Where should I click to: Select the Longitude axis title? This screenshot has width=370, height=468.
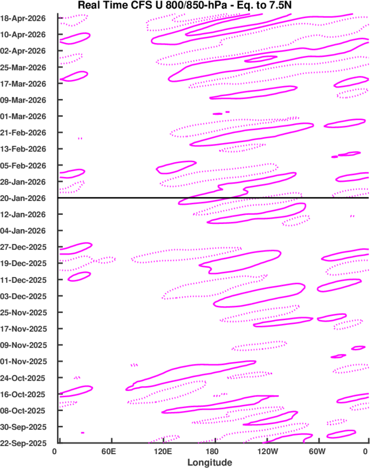pyautogui.click(x=209, y=462)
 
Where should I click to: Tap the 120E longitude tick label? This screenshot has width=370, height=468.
pyautogui.click(x=163, y=451)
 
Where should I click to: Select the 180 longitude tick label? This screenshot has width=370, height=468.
pyautogui.click(x=214, y=451)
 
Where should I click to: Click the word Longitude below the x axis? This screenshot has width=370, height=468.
pyautogui.click(x=209, y=462)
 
